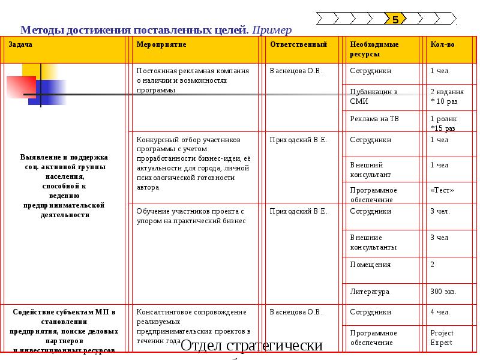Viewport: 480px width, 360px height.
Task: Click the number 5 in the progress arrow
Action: tap(395, 20)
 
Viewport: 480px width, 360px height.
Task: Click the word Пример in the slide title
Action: tap(272, 29)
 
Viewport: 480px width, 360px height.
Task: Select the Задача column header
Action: tap(20, 45)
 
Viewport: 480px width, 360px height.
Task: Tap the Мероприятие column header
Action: tap(161, 45)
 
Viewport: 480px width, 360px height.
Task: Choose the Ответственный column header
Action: tap(298, 45)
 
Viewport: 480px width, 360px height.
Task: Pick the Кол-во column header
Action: tap(443, 45)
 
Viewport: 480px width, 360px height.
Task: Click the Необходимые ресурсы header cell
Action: tap(374, 49)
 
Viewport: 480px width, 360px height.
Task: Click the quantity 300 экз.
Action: tap(443, 292)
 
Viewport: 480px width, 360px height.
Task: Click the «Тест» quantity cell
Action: tap(442, 191)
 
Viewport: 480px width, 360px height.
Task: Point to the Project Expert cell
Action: tap(442, 338)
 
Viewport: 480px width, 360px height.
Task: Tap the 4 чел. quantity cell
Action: tap(440, 313)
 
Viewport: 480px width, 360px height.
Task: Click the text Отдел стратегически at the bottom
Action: tap(251, 346)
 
